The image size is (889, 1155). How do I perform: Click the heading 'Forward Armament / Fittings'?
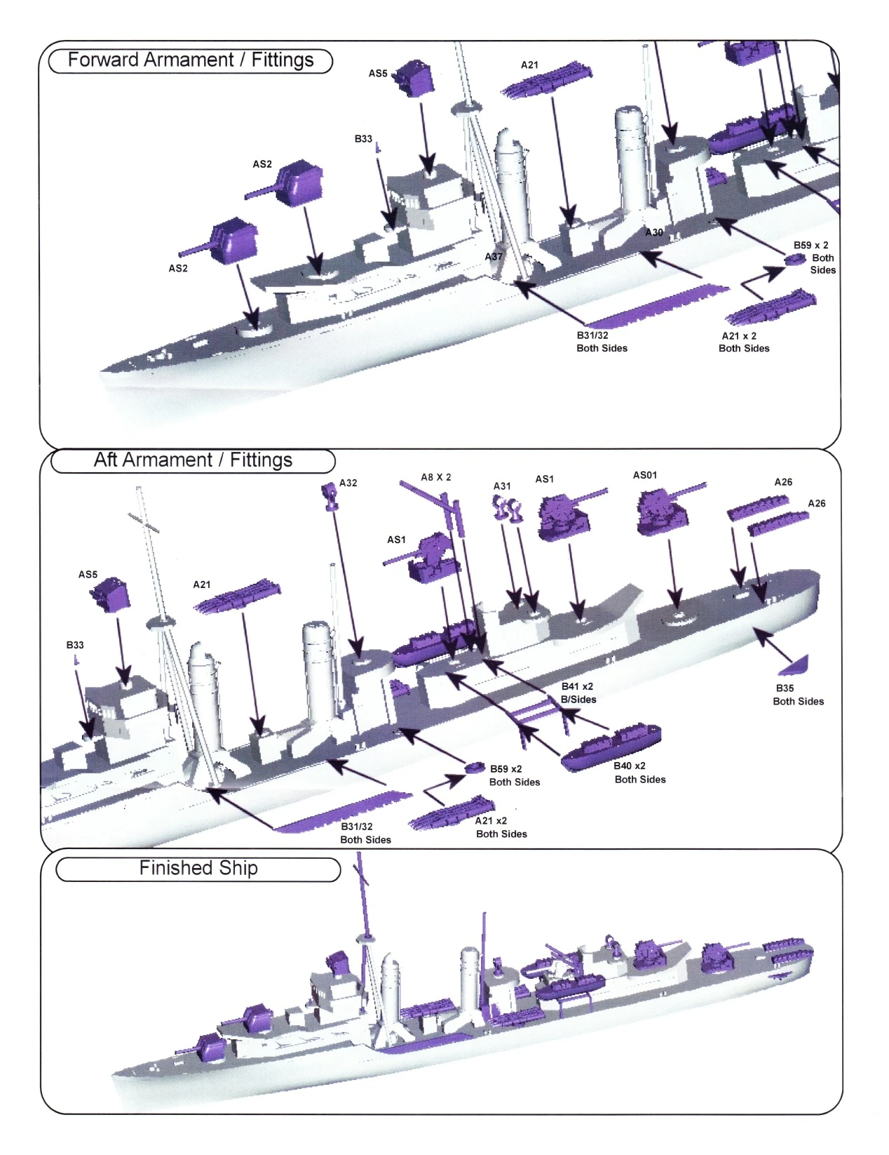click(191, 60)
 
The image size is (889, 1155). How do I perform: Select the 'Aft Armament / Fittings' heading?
click(193, 460)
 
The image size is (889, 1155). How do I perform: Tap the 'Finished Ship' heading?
click(198, 867)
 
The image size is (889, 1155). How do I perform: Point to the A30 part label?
click(653, 232)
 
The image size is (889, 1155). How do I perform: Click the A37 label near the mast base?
click(494, 257)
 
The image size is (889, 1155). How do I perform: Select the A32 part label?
click(348, 483)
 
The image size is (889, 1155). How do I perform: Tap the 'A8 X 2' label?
click(435, 477)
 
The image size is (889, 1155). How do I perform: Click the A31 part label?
click(502, 486)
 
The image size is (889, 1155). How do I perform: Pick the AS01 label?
click(645, 475)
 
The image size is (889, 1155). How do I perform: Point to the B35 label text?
click(785, 688)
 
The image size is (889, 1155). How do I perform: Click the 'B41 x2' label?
click(577, 686)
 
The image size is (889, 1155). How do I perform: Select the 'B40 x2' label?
click(630, 766)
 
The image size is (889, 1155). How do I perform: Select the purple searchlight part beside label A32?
click(330, 496)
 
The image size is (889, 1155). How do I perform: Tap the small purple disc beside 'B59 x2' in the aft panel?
click(475, 767)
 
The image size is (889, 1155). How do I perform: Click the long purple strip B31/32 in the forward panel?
click(658, 306)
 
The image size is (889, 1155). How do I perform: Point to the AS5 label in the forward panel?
click(378, 74)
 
